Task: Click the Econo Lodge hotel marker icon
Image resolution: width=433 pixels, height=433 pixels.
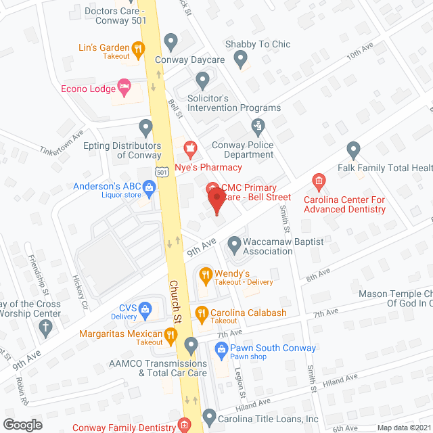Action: click(123, 85)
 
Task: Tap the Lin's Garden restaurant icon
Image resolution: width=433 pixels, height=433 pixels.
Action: click(138, 48)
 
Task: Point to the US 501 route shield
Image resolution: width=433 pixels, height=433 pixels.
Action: click(161, 173)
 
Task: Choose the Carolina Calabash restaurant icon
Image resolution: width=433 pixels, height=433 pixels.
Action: click(201, 313)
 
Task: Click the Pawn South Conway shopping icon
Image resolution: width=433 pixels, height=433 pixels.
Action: click(219, 349)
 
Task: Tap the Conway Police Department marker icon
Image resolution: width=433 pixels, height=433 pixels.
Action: click(257, 125)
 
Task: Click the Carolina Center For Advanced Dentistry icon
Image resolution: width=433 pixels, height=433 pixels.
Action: click(319, 181)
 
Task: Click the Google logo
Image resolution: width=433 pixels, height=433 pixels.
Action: click(22, 424)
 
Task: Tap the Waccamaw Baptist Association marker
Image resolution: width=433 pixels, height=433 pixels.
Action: click(235, 242)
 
